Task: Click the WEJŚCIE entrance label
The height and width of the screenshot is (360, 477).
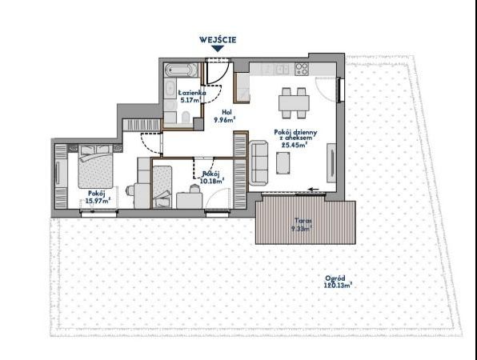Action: pos(218,40)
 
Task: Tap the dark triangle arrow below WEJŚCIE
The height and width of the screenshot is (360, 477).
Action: pos(218,48)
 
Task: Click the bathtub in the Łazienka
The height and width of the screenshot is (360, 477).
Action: pos(180,70)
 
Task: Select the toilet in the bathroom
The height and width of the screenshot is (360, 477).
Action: pos(185,117)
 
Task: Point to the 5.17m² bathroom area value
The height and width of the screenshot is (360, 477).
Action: pos(190,100)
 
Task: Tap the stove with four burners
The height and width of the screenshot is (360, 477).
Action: pos(302,69)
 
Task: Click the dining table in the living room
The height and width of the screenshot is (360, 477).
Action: pos(294,103)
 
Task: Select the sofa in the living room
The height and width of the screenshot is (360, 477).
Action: pos(259,162)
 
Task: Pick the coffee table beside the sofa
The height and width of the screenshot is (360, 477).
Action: pos(283,163)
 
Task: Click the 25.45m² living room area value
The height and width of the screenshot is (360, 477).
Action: pos(294,145)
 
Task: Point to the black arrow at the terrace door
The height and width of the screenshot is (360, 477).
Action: pos(314,190)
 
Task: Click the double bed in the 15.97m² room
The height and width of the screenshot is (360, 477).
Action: pos(95,166)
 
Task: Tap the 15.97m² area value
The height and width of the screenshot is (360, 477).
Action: pos(98,200)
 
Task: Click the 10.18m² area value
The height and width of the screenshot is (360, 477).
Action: pos(212,182)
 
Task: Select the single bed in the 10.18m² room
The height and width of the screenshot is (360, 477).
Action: pos(162,186)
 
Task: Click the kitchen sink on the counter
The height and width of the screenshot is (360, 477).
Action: pos(282,69)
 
